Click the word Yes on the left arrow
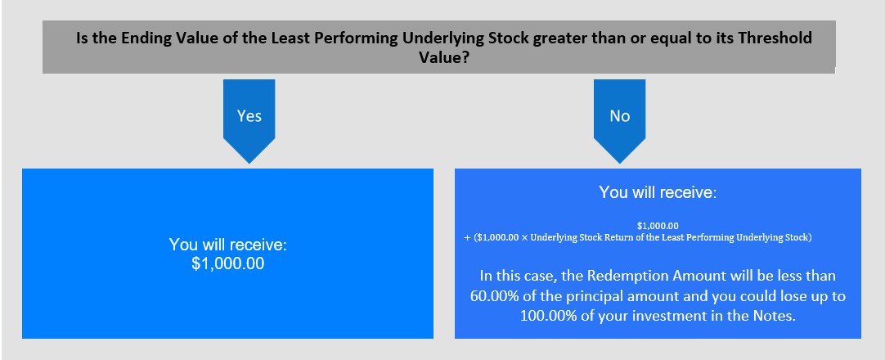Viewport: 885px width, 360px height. [x=249, y=115]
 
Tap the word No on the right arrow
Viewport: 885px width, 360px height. [x=619, y=115]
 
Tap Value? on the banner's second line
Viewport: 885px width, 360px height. [x=443, y=57]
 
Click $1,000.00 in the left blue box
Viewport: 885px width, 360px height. [x=227, y=263]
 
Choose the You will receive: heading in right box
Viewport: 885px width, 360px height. [x=658, y=191]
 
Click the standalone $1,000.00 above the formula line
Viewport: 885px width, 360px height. [x=658, y=227]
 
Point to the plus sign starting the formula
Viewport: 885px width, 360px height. [x=467, y=237]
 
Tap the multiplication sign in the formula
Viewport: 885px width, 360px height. [x=524, y=237]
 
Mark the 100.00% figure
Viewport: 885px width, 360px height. [x=546, y=316]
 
